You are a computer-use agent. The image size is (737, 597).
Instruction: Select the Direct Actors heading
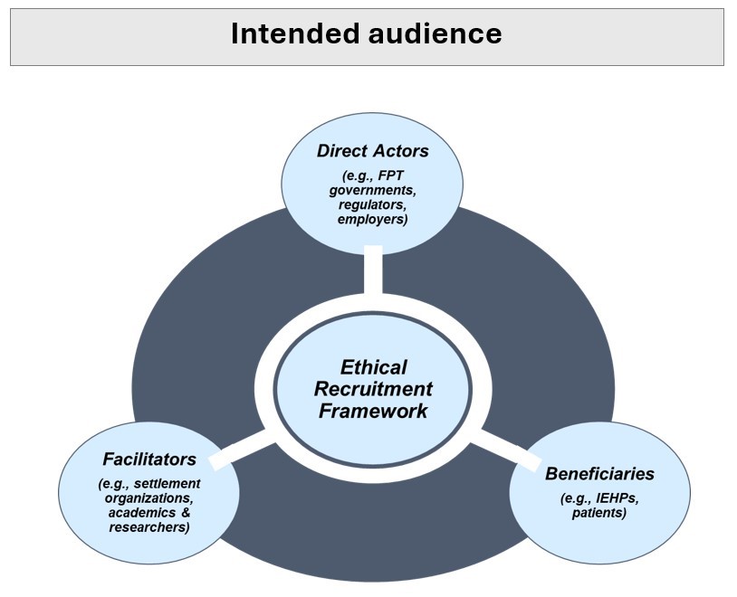pos(372,151)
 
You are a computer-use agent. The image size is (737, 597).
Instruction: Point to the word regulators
pos(372,205)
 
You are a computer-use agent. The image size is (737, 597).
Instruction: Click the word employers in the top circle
pos(372,220)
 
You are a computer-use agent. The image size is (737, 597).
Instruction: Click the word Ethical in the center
pos(373,368)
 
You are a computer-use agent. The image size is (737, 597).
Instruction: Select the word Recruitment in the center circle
pos(373,390)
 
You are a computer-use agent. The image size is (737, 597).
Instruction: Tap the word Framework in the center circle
pos(373,412)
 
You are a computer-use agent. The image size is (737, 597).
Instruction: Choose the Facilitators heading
pos(148,460)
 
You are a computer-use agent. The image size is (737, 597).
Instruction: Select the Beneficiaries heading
pos(599,474)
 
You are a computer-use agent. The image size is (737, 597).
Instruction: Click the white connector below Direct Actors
pos(372,271)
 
